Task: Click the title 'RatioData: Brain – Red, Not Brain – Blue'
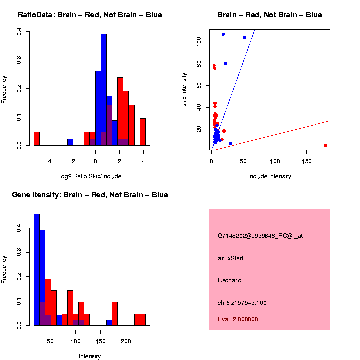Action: coord(90,15)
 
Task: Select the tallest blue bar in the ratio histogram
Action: coord(104,90)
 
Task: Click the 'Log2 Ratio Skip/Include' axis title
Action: coord(90,176)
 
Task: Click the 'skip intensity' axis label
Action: coord(184,90)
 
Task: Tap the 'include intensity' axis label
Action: coord(270,176)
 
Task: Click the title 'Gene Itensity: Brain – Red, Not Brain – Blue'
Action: coord(90,195)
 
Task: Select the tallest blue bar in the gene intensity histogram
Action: coord(37,269)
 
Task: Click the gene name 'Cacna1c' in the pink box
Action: coord(229,280)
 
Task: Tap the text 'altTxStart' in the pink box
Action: coord(231,258)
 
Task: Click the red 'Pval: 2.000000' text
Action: coord(238,319)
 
